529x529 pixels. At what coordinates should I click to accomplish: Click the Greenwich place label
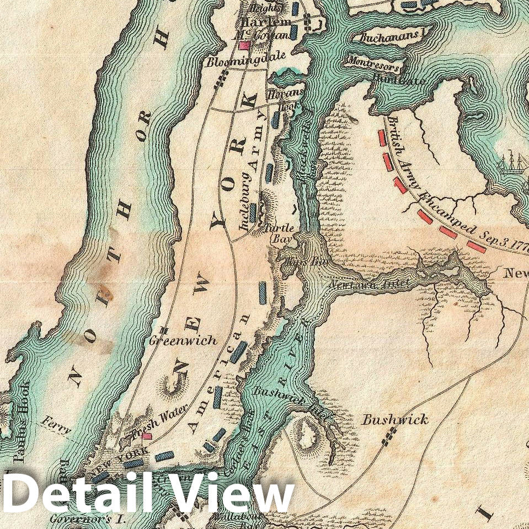pyautogui.click(x=184, y=341)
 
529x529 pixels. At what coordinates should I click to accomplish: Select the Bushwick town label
pyautogui.click(x=394, y=420)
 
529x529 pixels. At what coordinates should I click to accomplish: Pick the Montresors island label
pyautogui.click(x=373, y=63)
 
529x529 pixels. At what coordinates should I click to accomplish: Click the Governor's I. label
pyautogui.click(x=88, y=519)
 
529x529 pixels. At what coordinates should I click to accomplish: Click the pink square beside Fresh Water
pyautogui.click(x=147, y=436)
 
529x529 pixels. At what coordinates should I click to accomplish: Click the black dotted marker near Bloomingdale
pyautogui.click(x=221, y=80)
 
